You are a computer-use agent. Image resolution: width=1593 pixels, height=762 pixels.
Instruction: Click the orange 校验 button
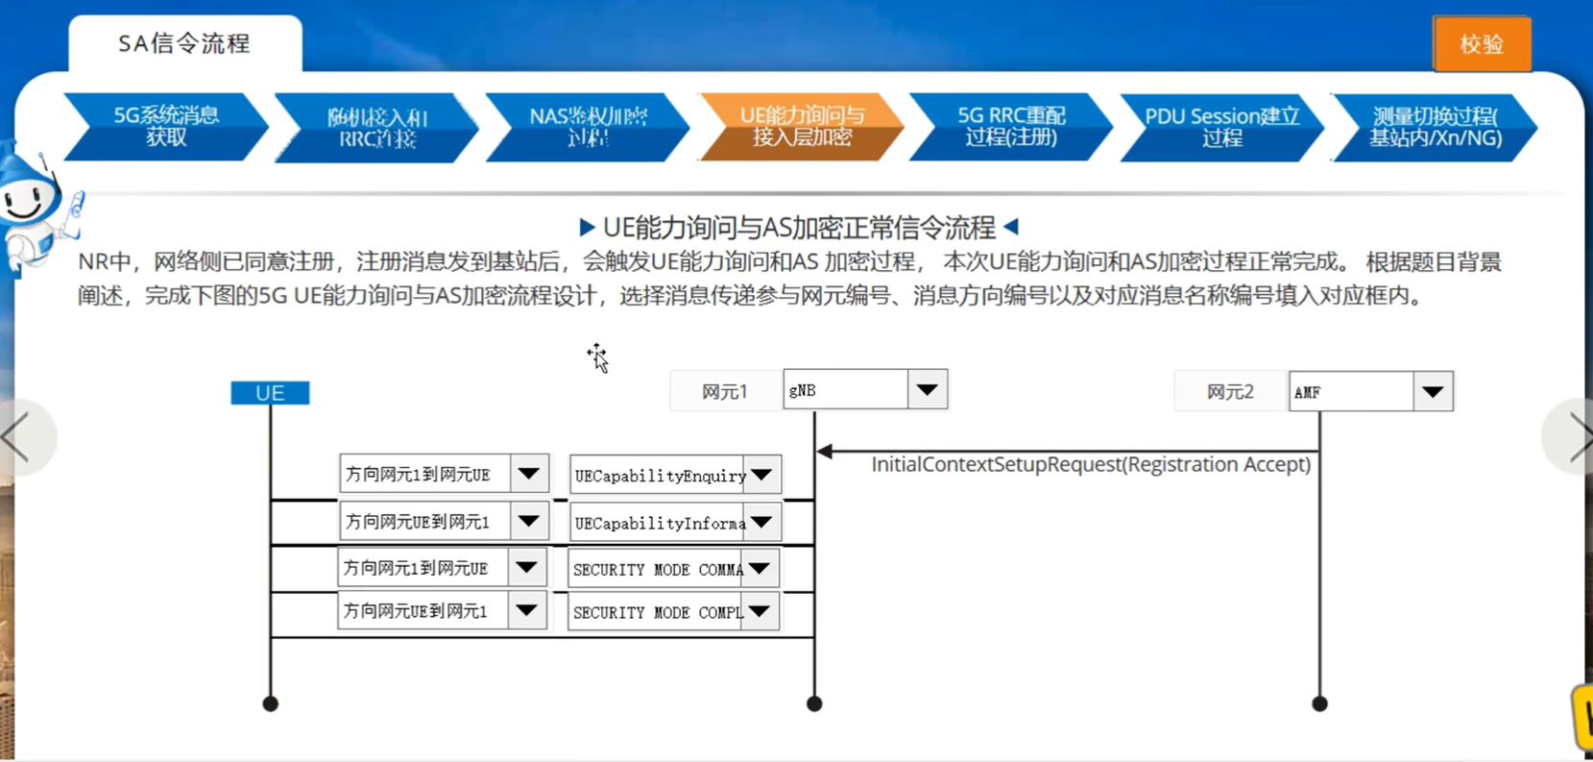(1481, 44)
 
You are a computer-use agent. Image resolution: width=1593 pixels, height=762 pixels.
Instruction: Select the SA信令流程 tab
(184, 44)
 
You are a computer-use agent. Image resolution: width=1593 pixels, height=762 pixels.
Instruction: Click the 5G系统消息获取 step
(166, 127)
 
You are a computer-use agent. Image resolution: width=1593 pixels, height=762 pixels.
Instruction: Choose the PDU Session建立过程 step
(1221, 127)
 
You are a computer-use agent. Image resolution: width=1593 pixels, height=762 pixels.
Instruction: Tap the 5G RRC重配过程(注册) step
(1010, 127)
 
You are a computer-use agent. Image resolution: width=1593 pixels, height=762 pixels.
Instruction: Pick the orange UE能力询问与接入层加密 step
(801, 127)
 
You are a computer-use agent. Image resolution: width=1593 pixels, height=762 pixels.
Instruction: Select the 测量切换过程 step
(1435, 127)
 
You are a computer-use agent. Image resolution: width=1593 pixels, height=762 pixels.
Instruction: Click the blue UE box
(270, 393)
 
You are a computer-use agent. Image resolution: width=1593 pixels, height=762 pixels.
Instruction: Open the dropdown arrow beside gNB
(927, 390)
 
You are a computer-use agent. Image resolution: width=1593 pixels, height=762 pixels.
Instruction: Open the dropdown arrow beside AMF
(1433, 392)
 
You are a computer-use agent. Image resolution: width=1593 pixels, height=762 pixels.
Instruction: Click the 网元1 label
(725, 392)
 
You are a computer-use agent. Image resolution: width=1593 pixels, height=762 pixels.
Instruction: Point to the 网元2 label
(1230, 392)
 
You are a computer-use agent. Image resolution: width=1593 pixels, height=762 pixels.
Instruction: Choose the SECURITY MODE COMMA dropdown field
(658, 570)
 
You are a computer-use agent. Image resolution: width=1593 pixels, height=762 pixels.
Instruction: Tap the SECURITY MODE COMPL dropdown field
(658, 612)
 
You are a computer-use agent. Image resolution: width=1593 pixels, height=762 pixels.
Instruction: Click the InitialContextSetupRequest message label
(1091, 465)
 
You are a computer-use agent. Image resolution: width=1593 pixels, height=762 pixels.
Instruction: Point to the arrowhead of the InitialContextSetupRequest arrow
(824, 451)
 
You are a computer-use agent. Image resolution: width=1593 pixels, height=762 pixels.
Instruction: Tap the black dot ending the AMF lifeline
(1319, 704)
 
